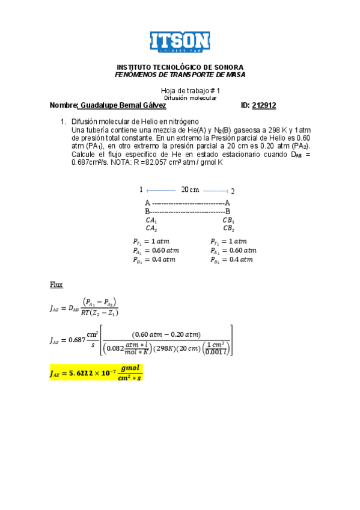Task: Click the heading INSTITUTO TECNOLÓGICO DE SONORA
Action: [x=180, y=67]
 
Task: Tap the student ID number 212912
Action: [x=264, y=106]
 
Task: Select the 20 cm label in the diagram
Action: [x=190, y=190]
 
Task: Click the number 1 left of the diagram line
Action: [x=141, y=190]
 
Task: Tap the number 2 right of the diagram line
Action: [x=233, y=191]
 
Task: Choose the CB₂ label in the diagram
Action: [x=228, y=229]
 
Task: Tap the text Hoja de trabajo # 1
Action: [x=187, y=90]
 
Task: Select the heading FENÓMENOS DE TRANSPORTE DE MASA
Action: [x=180, y=74]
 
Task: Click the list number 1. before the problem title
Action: [x=64, y=121]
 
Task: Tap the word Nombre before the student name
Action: [x=63, y=106]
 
